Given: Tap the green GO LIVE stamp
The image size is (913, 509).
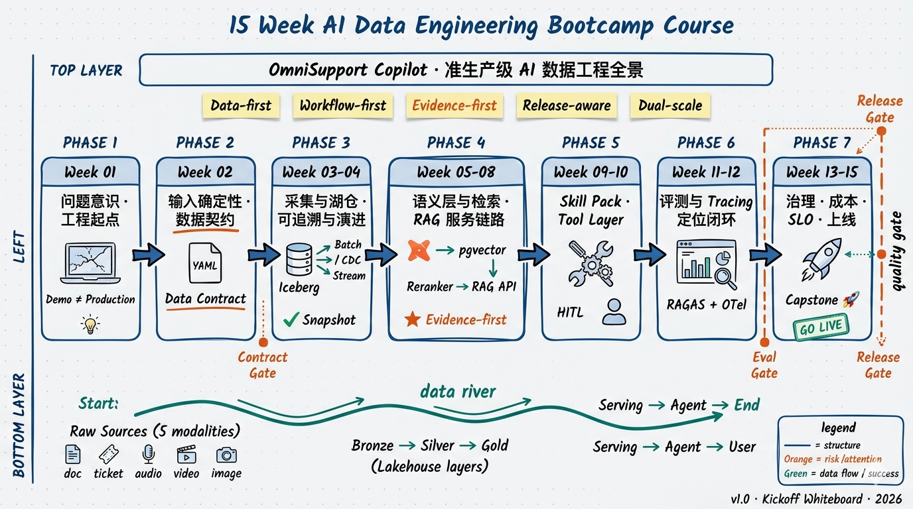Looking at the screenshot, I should (821, 327).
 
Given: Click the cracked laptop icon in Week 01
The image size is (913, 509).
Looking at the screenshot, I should (90, 264).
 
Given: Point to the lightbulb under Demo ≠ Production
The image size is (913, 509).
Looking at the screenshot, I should (90, 324).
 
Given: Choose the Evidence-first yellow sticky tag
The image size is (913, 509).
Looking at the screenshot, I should (455, 105).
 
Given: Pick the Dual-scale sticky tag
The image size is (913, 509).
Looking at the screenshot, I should (669, 105).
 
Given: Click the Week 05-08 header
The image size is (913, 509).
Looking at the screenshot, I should (456, 172).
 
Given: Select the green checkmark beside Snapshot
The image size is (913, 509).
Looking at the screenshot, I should (291, 319).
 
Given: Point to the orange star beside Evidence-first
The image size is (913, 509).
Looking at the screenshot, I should (412, 319).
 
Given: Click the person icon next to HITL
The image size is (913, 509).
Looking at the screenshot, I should (614, 311).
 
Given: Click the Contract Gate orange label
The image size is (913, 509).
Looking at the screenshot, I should (263, 365).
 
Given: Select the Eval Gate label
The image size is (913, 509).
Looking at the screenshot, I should (764, 365).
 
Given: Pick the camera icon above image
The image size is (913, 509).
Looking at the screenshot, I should (226, 455).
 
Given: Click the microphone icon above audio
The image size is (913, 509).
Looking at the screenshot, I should (148, 454).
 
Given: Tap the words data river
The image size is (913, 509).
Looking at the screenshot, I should (458, 391).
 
